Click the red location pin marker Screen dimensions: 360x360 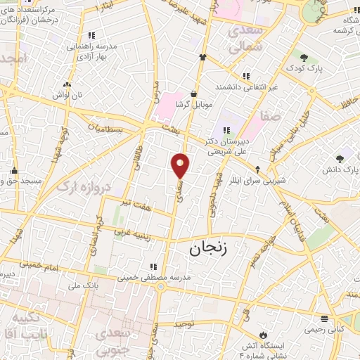pyautogui.click(x=181, y=165)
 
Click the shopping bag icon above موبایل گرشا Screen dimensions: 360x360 pyautogui.click(x=193, y=94)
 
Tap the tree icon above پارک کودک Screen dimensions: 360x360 pyautogui.click(x=303, y=58)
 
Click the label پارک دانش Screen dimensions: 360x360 pyautogui.click(x=341, y=170)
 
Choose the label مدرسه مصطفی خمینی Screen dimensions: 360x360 pyautogui.click(x=153, y=278)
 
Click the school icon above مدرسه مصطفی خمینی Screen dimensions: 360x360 pyautogui.click(x=153, y=266)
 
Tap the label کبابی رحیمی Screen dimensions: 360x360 pyautogui.click(x=325, y=328)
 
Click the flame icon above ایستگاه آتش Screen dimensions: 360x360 pyautogui.click(x=263, y=333)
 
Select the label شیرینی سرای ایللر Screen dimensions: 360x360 pyautogui.click(x=258, y=180)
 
